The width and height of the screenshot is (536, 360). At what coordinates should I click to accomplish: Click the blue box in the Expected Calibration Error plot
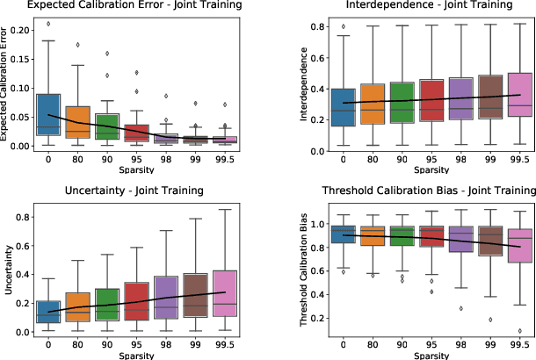coord(47,114)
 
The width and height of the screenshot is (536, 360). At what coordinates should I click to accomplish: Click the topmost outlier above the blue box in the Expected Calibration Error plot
coord(47,24)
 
